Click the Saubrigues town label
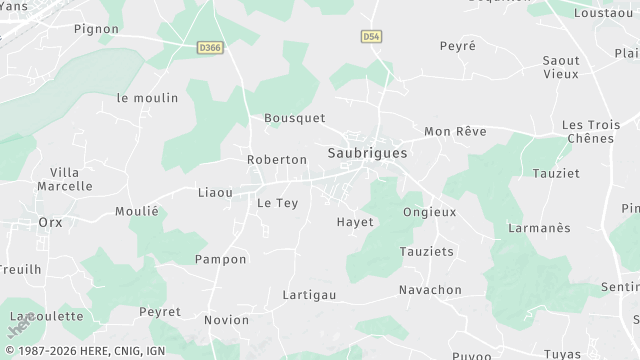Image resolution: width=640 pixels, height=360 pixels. coord(367,153)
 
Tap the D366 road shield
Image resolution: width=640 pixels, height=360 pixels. coord(209,46)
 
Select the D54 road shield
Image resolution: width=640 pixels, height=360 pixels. coord(372,36)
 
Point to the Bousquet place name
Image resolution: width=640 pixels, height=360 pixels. coord(294,118)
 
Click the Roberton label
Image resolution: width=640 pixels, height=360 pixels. coord(277,160)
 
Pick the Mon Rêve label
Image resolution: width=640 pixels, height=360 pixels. coord(455,132)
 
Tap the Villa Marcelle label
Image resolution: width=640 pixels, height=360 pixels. coord(64,179)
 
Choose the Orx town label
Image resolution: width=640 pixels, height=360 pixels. coord(50,222)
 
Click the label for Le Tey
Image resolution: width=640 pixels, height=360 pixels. coord(278,203)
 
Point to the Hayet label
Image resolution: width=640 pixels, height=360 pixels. coord(355,222)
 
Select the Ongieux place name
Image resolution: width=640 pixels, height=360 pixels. coord(429,212)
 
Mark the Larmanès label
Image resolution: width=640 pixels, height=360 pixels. coord(540,228)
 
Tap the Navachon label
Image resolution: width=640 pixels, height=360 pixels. coord(430,290)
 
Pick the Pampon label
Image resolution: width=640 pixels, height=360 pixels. coord(220,259)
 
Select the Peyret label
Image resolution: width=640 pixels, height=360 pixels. coord(160,312)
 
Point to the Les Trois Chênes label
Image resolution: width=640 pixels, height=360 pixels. coord(588,131)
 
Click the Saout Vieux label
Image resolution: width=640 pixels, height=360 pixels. coord(561,67)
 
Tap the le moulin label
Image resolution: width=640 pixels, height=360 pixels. coord(147,98)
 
